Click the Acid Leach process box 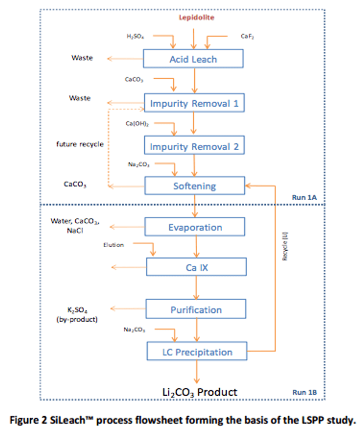coord(193,59)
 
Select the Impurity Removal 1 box coord(194,103)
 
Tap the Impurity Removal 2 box coord(194,147)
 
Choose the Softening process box coord(195,186)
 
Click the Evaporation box coord(195,227)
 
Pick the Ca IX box coord(197,267)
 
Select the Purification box coord(196,310)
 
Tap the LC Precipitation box coord(197,352)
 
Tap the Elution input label coord(114,244)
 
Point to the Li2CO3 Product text coord(199,392)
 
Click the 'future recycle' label coord(80,144)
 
